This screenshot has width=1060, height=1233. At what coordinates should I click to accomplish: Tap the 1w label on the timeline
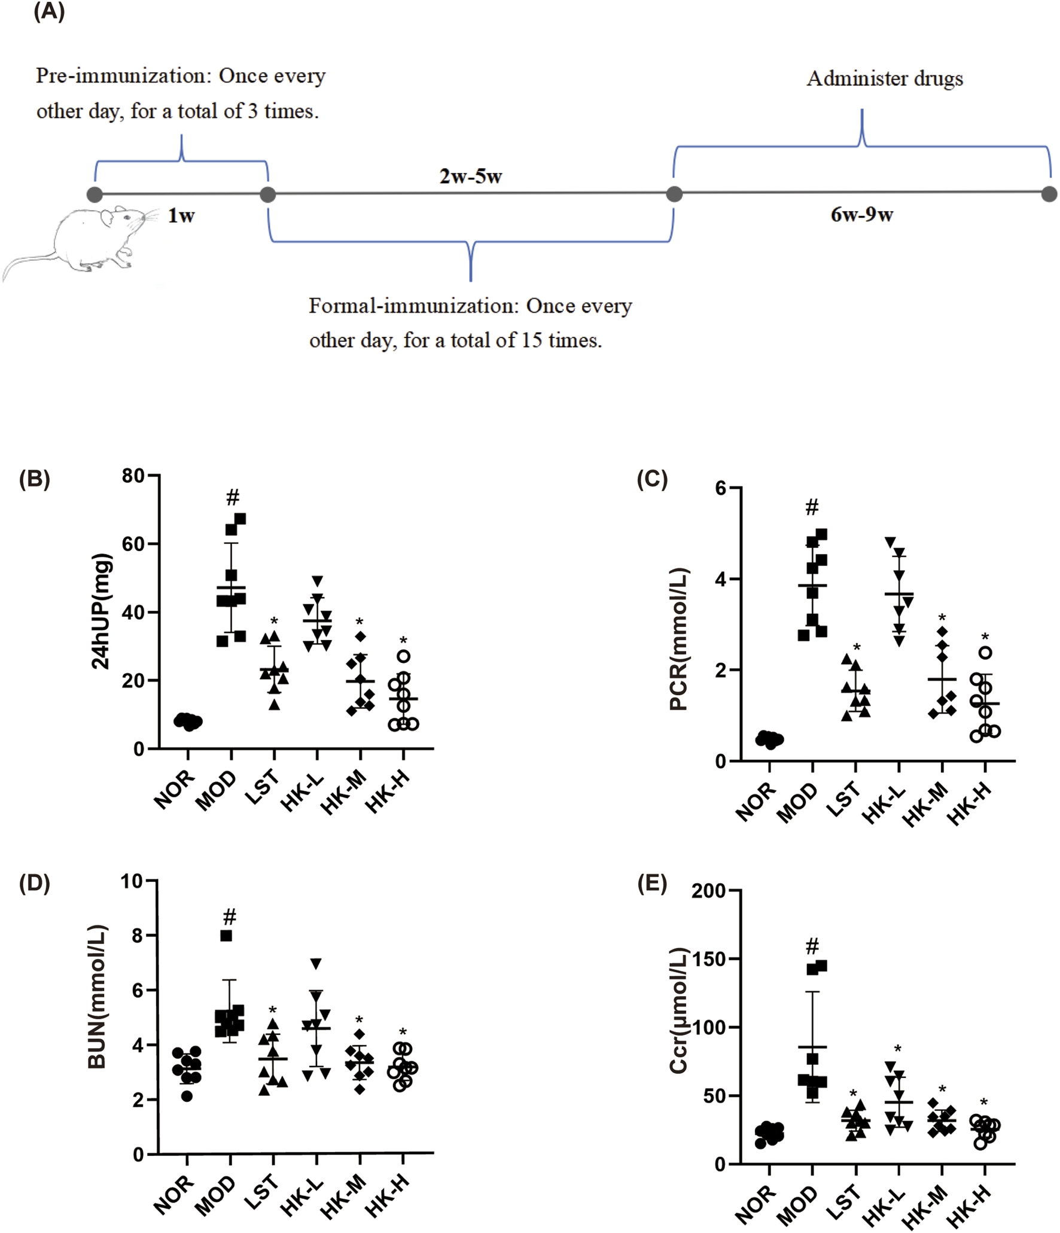tap(181, 215)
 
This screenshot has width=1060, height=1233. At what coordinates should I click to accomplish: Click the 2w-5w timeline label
tap(470, 176)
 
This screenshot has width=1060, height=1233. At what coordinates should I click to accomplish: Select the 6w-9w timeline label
tap(861, 214)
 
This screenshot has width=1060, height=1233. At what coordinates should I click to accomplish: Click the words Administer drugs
tap(884, 78)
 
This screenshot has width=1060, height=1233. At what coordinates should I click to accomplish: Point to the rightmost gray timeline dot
tap(1049, 194)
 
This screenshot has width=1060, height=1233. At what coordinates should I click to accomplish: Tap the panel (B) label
tap(34, 479)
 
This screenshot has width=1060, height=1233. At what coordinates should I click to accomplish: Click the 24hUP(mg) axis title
tap(100, 611)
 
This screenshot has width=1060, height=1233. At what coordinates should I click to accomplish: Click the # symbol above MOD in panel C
tap(812, 507)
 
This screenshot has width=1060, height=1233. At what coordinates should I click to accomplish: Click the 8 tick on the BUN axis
tap(138, 935)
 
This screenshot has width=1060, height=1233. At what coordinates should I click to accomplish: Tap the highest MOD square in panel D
tap(226, 936)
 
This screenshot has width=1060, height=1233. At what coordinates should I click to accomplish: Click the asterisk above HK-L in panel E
tap(897, 1049)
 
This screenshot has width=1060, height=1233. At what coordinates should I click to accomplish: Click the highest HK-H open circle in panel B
tap(403, 656)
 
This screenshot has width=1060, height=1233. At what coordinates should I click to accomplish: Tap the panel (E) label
tap(651, 883)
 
